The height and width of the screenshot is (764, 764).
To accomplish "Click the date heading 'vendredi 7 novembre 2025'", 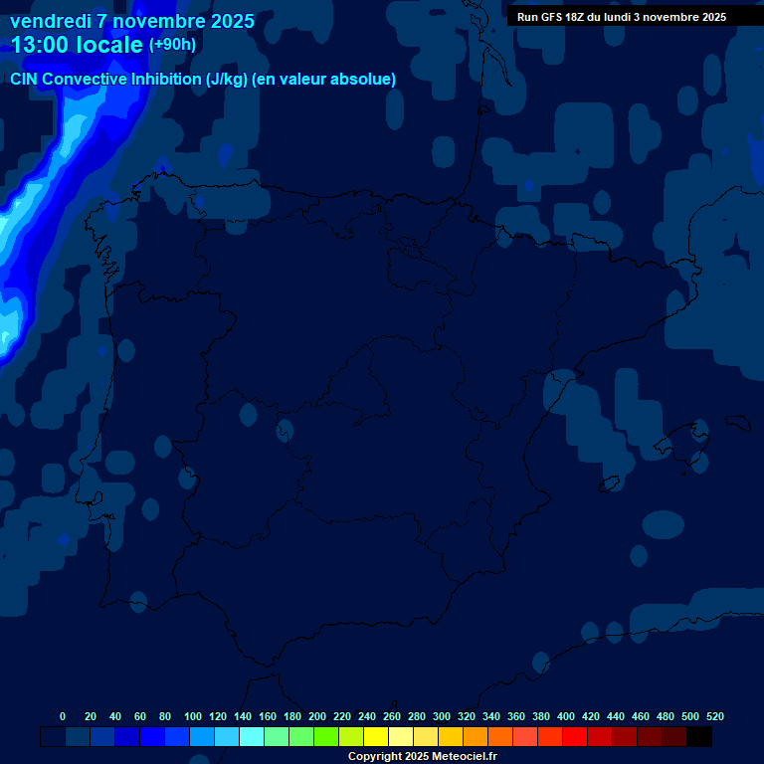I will click(132, 21).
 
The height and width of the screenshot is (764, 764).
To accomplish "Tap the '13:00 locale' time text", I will click(78, 45).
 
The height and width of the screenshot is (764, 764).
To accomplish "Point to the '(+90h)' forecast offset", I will click(172, 45).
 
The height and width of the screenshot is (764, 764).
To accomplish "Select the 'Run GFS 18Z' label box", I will click(622, 17).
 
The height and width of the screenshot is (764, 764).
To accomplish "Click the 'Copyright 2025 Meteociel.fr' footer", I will click(422, 757).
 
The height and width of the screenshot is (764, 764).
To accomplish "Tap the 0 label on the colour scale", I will click(63, 716).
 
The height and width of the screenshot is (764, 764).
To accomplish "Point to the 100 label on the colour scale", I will click(193, 716).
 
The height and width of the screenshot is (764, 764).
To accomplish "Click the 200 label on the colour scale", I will click(317, 716).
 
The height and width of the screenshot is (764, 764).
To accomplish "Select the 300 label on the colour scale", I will click(442, 716).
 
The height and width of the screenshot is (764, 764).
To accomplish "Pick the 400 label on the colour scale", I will click(566, 716).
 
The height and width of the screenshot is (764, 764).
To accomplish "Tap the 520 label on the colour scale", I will click(715, 716).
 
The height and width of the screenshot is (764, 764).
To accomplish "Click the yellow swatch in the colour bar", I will click(376, 737).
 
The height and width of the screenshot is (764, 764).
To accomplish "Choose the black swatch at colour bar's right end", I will click(699, 737).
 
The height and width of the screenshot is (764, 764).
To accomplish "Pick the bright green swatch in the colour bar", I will click(326, 737).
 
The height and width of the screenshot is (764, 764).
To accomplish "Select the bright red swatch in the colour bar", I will click(575, 737).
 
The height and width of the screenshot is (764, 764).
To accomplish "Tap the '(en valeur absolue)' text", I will click(325, 80).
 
